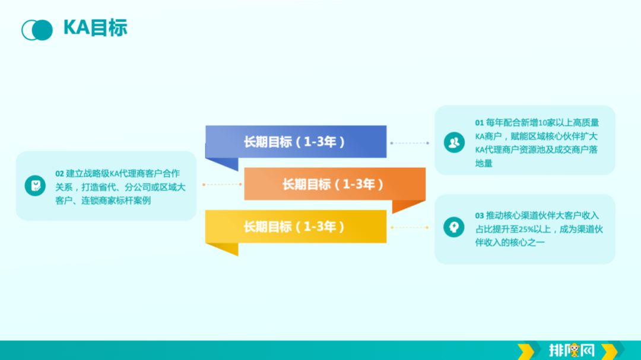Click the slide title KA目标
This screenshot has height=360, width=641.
[95, 28]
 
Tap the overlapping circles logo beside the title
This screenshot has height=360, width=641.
[37, 30]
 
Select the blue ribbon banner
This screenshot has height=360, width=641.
[296, 142]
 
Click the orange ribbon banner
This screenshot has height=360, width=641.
[335, 184]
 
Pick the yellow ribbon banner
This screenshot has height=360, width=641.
[296, 227]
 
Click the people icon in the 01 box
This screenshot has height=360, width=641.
[454, 142]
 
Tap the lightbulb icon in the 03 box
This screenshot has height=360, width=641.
[454, 227]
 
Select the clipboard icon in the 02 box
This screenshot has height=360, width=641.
[35, 186]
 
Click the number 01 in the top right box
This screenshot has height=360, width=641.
[479, 123]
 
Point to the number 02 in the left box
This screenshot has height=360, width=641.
[59, 174]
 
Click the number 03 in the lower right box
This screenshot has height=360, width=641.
[479, 215]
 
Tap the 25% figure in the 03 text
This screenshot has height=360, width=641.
[526, 229]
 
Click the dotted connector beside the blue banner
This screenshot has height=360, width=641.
[410, 143]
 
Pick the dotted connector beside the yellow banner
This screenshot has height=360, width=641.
[410, 227]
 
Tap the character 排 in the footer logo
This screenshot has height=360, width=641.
[559, 351]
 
